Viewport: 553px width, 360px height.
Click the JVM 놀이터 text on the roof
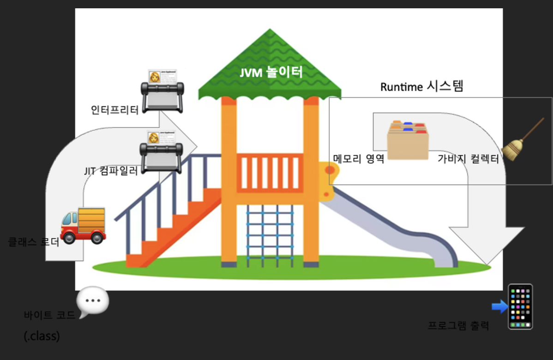coord(271,72)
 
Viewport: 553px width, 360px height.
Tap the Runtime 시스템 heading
coord(421,86)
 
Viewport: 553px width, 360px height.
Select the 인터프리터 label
coord(115,110)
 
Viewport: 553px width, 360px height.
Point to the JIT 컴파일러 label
coord(111,171)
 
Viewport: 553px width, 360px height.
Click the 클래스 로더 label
coord(34,241)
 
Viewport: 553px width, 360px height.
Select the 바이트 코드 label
coord(49,316)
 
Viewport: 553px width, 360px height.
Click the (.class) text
coord(42,336)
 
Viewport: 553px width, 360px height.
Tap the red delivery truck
coord(83,225)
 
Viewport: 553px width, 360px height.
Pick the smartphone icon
coord(520,306)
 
